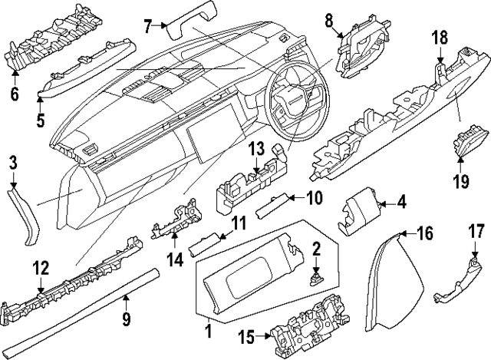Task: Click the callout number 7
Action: click(149, 25)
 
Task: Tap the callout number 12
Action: click(41, 267)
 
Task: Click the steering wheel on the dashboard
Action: click(293, 100)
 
